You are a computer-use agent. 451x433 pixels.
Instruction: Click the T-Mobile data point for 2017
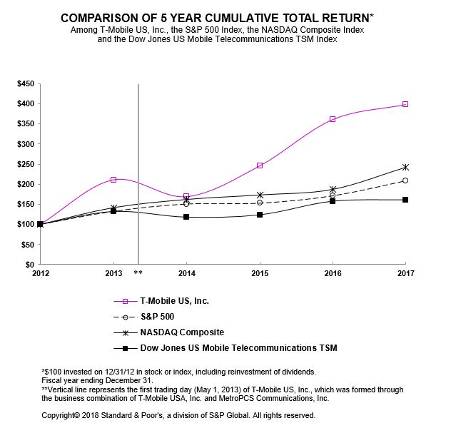coord(405,104)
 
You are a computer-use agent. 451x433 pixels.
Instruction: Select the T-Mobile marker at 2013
coord(113,180)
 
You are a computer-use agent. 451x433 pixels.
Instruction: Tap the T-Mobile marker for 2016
coord(333,119)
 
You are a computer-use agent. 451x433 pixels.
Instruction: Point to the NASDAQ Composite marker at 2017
coord(405,167)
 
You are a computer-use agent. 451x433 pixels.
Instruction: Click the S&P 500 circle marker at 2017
coord(405,180)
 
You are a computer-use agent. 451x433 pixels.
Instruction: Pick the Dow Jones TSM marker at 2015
coord(260,215)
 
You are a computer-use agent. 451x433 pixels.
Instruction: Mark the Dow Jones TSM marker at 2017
coord(405,200)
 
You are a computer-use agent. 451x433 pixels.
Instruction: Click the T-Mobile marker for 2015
coord(260,165)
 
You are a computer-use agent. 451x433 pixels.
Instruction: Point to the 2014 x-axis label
coord(186,273)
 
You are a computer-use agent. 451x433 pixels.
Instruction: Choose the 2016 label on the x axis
coord(333,273)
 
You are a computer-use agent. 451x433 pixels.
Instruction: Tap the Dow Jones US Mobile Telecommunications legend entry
coord(235,348)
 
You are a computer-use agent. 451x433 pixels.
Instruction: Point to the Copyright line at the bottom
coord(178,414)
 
